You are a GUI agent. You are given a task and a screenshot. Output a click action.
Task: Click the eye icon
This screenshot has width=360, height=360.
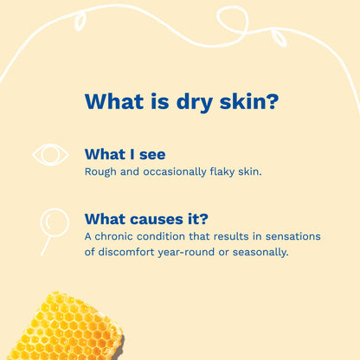click(50, 155)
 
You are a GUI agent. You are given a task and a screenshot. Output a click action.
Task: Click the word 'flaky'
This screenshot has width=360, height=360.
click(216, 172)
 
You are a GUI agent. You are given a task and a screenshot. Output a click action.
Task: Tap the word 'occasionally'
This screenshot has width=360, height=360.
click(170, 172)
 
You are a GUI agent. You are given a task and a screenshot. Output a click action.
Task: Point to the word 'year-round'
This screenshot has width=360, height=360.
click(201, 252)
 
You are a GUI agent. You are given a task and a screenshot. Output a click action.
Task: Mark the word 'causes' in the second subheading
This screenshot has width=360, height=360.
click(164, 218)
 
